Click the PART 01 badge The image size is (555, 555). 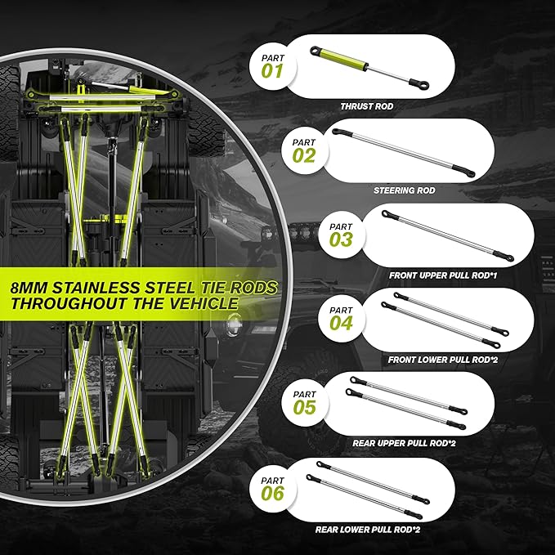272,66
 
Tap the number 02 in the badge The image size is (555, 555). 304,156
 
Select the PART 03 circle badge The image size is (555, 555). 341,235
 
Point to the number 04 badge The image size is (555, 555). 341,319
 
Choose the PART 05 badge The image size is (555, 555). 304,403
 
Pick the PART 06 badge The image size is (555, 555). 272,489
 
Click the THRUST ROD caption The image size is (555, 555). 367,106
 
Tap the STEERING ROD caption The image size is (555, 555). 405,190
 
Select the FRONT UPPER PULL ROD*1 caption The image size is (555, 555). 443,275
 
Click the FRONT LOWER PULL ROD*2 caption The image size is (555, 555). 443,360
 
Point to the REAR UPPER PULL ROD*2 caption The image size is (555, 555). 404,443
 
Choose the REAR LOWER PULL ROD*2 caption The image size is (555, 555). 367,530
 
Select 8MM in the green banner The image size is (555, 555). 29,288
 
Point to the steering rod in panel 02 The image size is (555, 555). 404,153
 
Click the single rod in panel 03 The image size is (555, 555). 447,235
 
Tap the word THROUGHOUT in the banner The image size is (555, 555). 69,303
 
